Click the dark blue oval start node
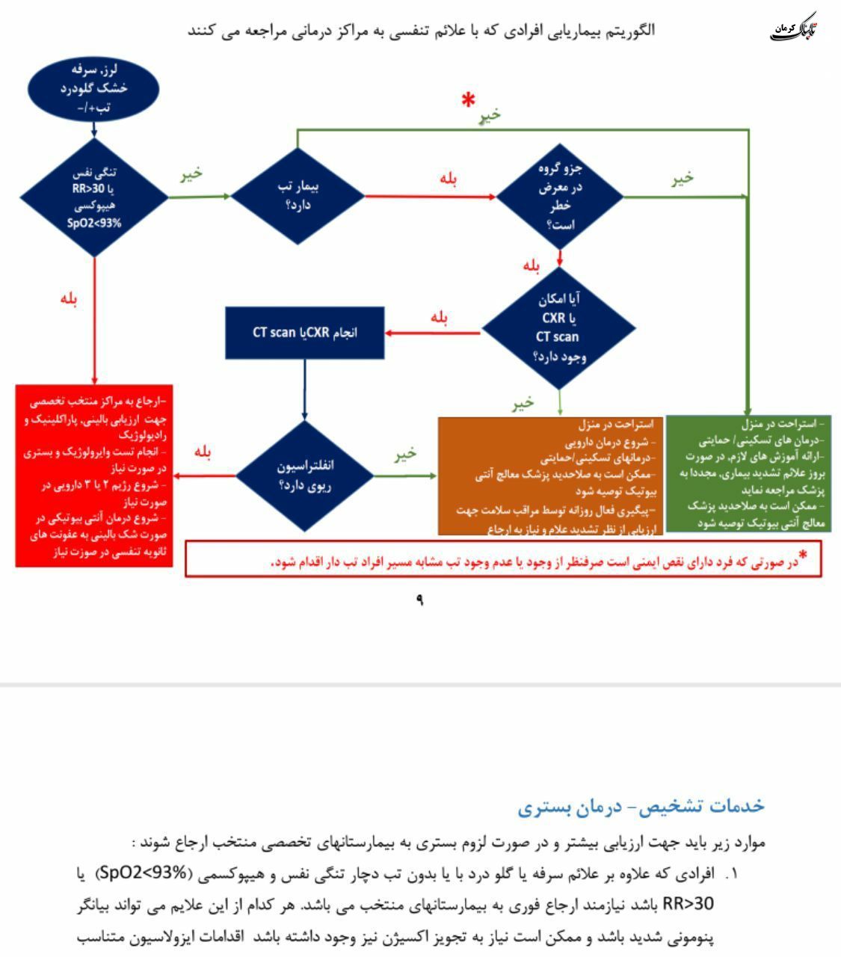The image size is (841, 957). point(93,89)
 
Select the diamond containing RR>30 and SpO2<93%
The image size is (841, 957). point(94,197)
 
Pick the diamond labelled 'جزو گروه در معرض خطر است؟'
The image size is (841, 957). point(560,197)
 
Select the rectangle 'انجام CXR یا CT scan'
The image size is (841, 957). point(305,333)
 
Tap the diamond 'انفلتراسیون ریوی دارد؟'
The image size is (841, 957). point(305,476)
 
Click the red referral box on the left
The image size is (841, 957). point(93,475)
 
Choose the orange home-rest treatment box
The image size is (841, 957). point(550,476)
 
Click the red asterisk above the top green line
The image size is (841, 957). point(469,100)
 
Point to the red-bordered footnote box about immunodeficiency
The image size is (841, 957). point(503,559)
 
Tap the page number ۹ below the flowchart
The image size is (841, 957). point(419,600)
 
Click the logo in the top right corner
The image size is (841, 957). point(795,28)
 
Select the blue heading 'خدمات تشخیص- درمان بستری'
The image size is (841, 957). point(641,806)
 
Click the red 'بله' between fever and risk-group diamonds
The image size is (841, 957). point(449,179)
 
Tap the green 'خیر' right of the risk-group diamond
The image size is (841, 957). point(682,178)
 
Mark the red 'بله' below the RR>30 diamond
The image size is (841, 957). point(70,298)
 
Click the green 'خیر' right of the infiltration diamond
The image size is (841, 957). point(405,455)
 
